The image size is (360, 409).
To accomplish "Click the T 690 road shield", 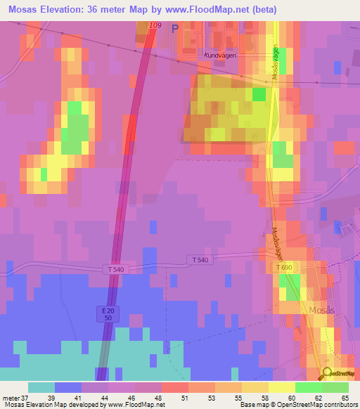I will tap(284, 268).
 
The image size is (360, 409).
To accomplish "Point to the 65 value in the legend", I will tap(345, 398).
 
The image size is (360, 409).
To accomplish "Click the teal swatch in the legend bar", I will tap(41, 387).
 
